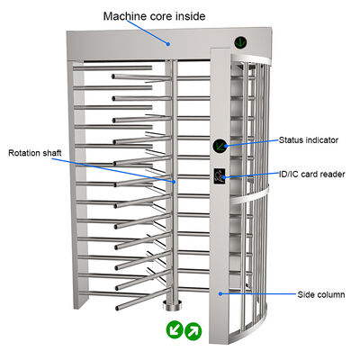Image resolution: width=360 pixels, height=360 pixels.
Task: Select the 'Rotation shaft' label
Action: point(37,152)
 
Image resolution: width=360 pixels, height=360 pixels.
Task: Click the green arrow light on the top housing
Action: point(241,41)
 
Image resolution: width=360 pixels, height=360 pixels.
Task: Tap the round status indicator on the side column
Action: point(220,146)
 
